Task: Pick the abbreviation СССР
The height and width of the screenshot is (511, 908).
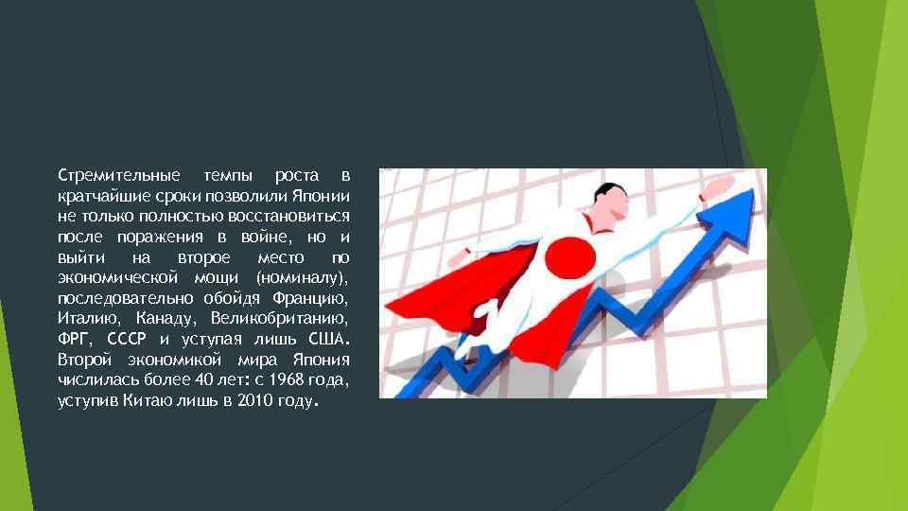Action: [x=128, y=338]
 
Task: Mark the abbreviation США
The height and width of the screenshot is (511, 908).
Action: [x=327, y=338]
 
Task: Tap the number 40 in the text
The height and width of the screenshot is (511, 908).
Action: [x=218, y=379]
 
